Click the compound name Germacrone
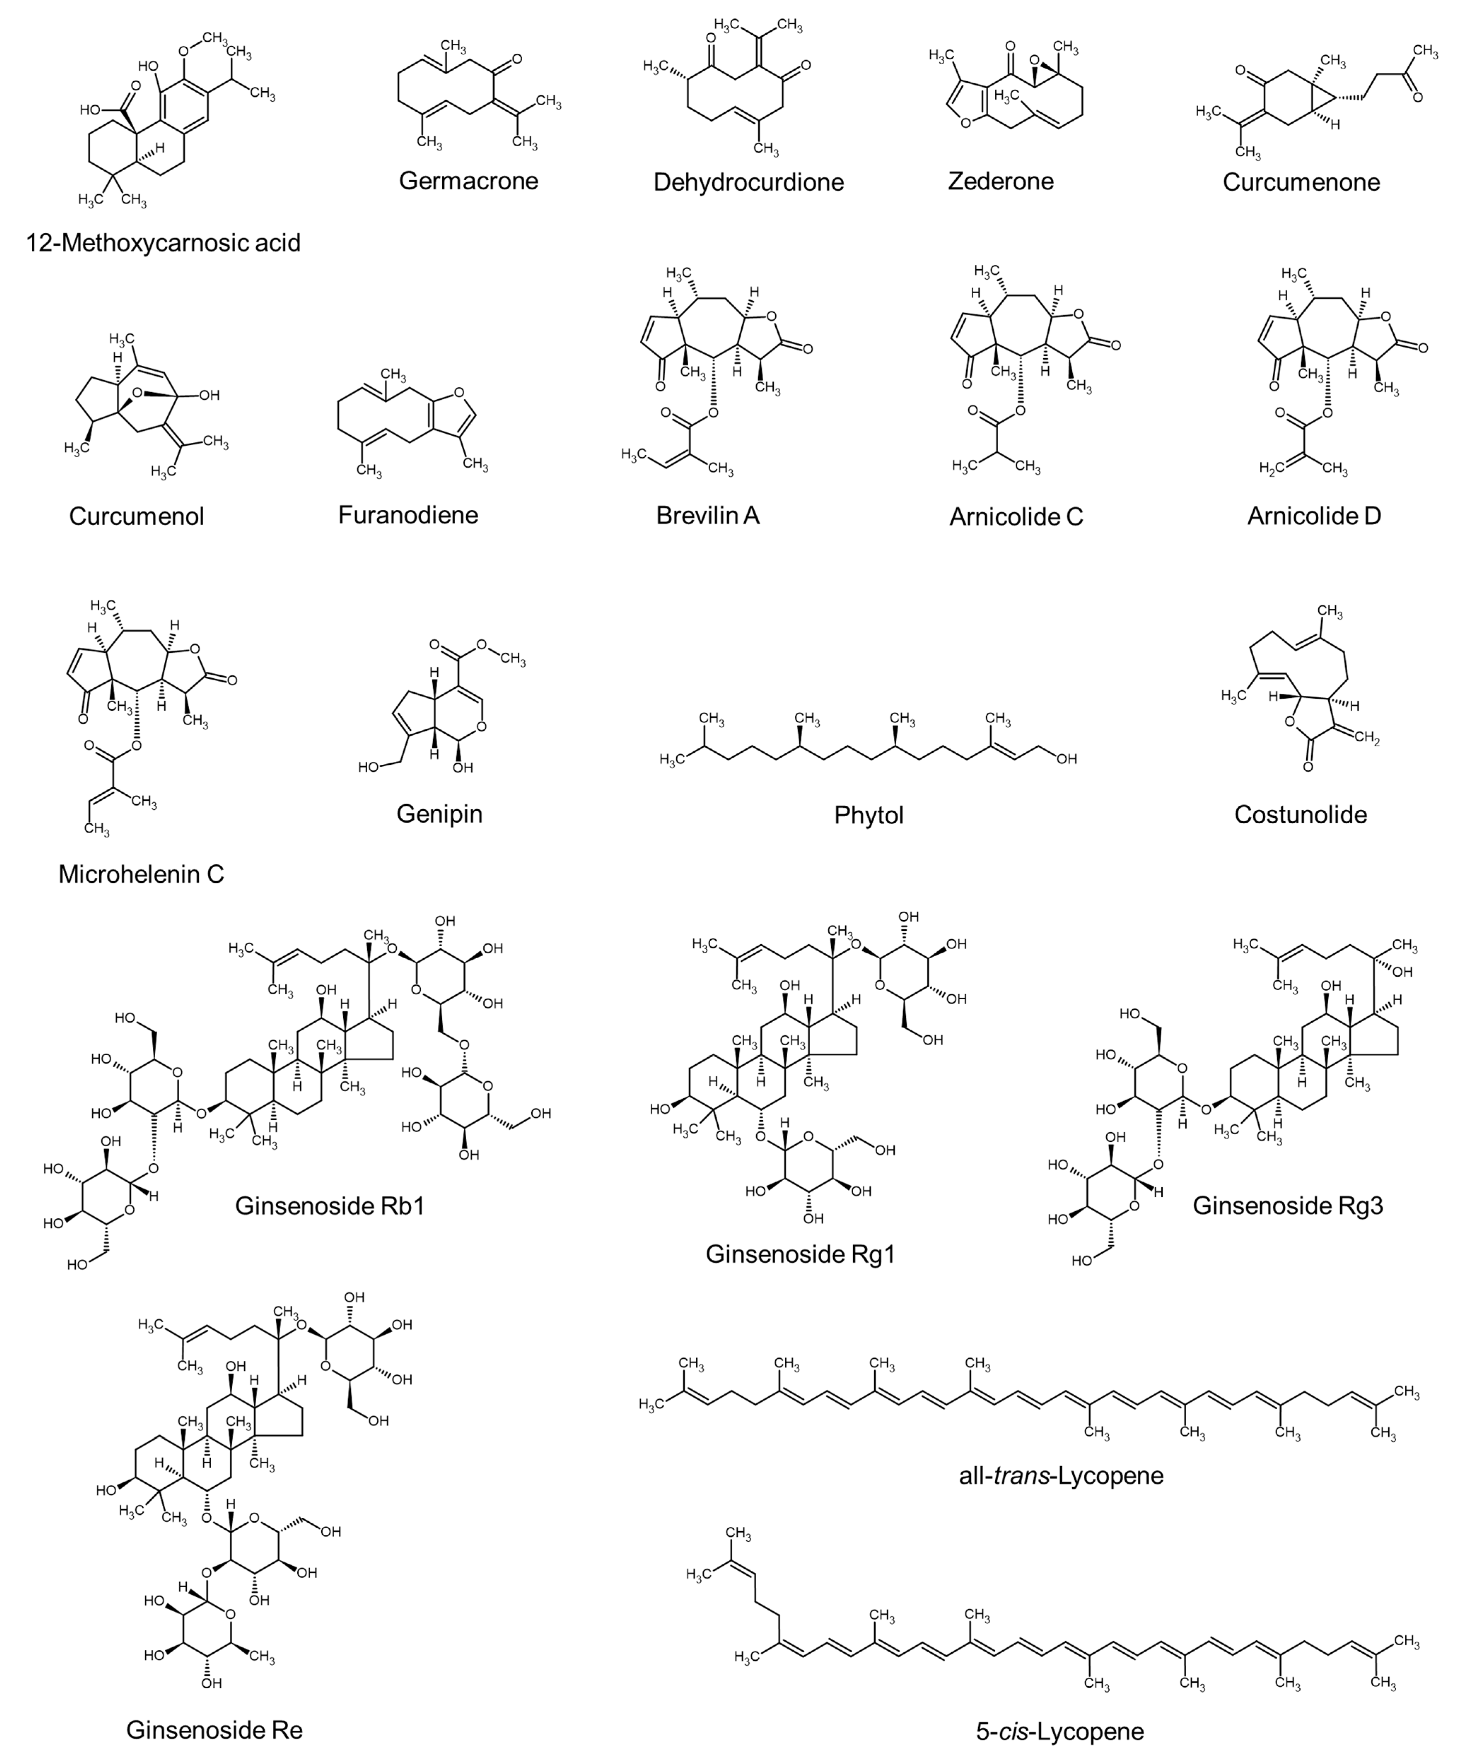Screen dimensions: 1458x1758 [468, 181]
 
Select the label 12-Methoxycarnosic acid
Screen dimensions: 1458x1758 [163, 243]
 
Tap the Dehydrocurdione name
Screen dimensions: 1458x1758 [748, 182]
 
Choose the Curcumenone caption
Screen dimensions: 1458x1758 [1301, 182]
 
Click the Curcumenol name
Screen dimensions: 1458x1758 [136, 516]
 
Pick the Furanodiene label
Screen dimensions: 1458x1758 [408, 514]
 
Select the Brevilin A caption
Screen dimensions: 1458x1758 [708, 515]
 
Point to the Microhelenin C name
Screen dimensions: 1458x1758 [141, 874]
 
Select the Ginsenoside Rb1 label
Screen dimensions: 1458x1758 [330, 1205]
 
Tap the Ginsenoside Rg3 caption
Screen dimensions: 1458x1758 [1287, 1205]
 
